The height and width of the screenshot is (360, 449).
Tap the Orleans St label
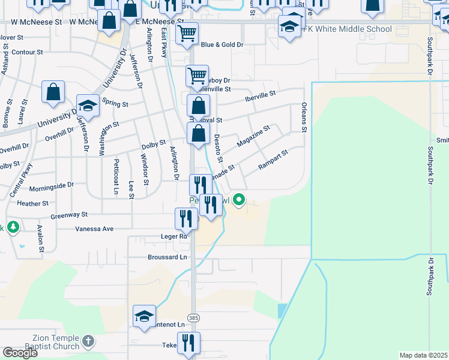(304, 119)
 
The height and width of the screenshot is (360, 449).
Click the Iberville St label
(259, 94)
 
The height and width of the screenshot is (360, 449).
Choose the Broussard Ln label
(167, 257)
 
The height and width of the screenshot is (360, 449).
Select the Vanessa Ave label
(94, 229)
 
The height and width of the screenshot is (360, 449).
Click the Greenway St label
(69, 214)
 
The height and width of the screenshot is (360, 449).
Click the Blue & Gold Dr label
(221, 44)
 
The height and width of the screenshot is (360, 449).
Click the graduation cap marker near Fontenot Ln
(144, 316)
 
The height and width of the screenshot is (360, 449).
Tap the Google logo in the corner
(20, 353)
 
